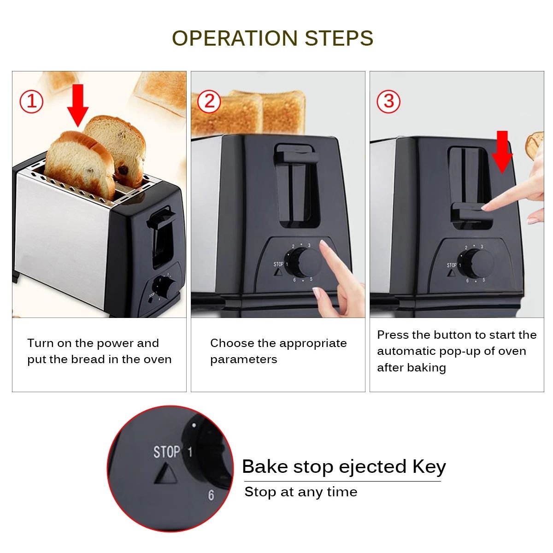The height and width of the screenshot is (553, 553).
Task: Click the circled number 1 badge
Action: tap(31, 101)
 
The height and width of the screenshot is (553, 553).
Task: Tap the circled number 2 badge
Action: tap(209, 101)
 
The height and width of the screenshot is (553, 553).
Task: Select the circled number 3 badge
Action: tap(388, 101)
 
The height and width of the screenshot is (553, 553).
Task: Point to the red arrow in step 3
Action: tap(502, 152)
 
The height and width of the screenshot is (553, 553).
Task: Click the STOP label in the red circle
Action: tap(166, 452)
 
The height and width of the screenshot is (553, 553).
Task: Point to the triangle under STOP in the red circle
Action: tap(165, 474)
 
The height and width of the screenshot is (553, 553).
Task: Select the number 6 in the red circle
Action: tap(211, 495)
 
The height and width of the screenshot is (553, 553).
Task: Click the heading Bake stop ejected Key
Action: tap(343, 466)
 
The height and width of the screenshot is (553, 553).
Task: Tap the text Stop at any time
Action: tap(300, 492)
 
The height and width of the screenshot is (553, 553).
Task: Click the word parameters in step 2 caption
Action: tap(243, 359)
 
